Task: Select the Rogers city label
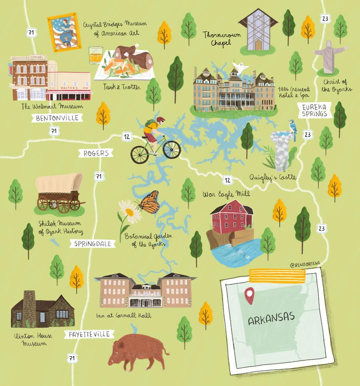[96, 153]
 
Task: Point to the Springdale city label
[92, 243]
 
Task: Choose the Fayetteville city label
[89, 334]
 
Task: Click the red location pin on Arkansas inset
[250, 295]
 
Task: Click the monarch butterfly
[149, 203]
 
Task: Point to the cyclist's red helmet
[160, 119]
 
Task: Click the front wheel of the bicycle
[172, 149]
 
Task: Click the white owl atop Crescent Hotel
[241, 67]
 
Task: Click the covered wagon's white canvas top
[59, 182]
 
